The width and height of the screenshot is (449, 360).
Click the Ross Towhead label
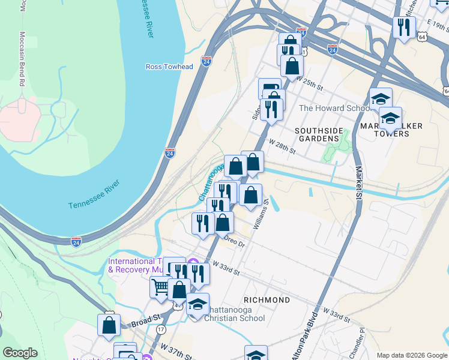coord(169,67)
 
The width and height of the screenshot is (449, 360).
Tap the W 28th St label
coord(282,147)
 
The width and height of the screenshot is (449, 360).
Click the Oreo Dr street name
coord(235,241)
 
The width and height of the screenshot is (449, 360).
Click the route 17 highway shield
coord(161,330)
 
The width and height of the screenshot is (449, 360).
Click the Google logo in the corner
coord(20,352)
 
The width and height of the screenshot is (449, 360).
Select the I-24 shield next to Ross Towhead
coord(205,61)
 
